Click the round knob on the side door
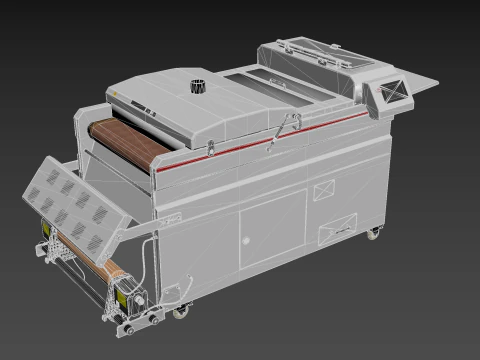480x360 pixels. pos(250,240)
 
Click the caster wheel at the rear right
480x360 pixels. pos(373,234)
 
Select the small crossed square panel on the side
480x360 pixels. pos(324,187)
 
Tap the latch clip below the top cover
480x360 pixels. pos(210,149)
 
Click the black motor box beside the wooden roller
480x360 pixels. pos(130,295)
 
